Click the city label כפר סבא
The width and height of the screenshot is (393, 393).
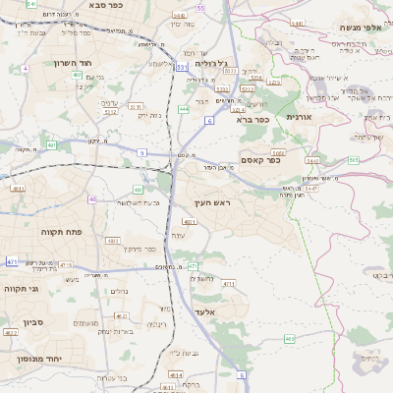pyautogui.click(x=105, y=6)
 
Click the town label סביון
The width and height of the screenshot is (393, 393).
pyautogui.click(x=23, y=322)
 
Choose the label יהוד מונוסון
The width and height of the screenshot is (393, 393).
pyautogui.click(x=39, y=360)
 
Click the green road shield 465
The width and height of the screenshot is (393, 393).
pyautogui.click(x=290, y=339)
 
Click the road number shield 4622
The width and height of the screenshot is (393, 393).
pyautogui.click(x=12, y=333)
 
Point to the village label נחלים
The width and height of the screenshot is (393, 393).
pyautogui.click(x=118, y=291)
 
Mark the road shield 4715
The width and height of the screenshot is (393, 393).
pyautogui.click(x=65, y=265)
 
